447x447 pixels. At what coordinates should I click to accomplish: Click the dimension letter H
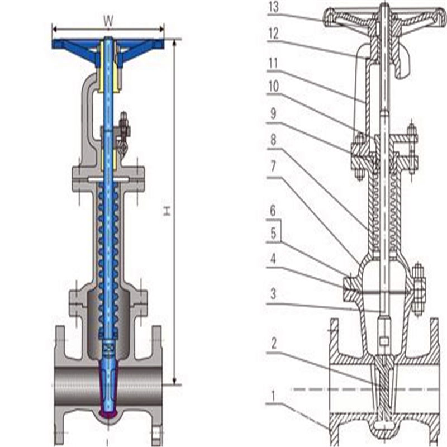[x=166, y=211]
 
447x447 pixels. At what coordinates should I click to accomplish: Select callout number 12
[x=273, y=34]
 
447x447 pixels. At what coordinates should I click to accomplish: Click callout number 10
[x=273, y=87]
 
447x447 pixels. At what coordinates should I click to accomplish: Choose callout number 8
[x=273, y=140]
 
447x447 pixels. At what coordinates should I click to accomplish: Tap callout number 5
[x=273, y=234]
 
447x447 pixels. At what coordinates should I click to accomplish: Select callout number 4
[x=273, y=259]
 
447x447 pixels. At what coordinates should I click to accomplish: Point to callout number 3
[x=273, y=293]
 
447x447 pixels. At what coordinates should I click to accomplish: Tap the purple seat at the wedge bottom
[x=109, y=413]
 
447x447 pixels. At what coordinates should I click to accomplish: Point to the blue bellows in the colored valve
[x=109, y=251]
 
